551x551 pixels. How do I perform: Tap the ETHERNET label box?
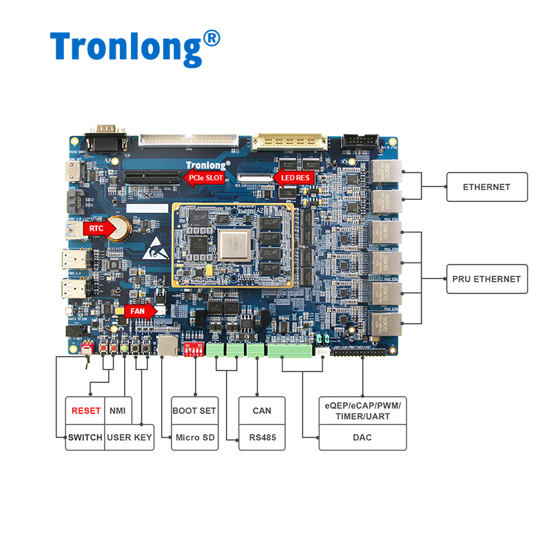coord(486,187)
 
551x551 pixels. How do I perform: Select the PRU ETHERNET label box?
coord(486,279)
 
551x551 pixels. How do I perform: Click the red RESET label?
coord(86,410)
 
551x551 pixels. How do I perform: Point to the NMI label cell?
coord(118,410)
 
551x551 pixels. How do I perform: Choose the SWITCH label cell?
coord(85,437)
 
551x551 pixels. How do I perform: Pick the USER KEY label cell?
coord(129,437)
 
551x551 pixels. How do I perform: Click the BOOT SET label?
coord(194,410)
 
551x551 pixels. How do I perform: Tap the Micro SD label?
coord(194,437)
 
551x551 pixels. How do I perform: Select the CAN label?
coord(262,410)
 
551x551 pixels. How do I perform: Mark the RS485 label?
coord(262,437)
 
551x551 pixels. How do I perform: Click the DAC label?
coord(362,437)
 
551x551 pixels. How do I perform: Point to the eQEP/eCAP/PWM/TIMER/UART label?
coord(362,410)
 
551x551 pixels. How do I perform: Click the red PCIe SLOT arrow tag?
coord(205,178)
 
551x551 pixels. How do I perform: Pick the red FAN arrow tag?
coord(140,311)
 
